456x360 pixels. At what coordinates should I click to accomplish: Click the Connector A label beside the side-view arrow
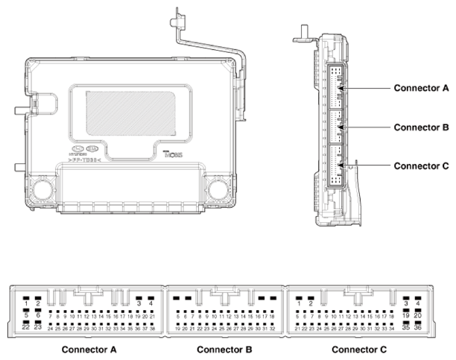(421, 88)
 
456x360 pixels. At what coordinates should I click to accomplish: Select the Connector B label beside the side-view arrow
(421, 127)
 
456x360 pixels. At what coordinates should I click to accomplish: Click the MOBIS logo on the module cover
(171, 156)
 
